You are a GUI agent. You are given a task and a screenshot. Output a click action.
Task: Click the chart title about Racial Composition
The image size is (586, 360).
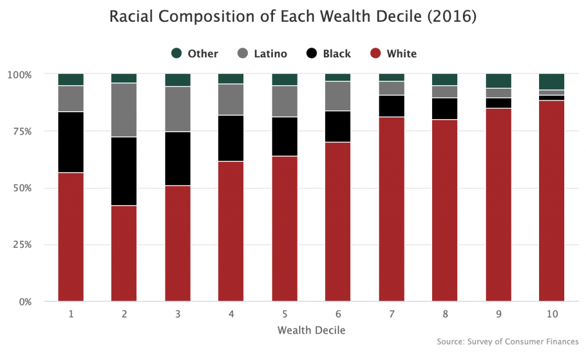[x=293, y=17]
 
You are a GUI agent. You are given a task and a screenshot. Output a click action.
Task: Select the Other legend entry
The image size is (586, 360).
[x=195, y=54]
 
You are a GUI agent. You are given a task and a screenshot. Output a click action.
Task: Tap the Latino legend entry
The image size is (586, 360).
[x=262, y=54]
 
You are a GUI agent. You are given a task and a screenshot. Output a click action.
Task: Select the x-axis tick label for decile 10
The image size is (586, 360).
[x=551, y=314]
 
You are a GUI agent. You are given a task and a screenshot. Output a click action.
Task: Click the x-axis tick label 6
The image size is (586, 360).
[x=338, y=314]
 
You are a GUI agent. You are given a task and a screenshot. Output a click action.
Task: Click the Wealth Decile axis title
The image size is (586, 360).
[x=311, y=330]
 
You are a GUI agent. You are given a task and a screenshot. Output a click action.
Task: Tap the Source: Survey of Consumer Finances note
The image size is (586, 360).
[x=508, y=342]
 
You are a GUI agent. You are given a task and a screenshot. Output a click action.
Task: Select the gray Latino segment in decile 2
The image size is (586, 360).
[x=124, y=110]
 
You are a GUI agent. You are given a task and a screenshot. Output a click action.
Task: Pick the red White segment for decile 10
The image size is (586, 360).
[x=551, y=200]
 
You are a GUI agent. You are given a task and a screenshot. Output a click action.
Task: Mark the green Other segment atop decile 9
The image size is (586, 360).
[x=498, y=81]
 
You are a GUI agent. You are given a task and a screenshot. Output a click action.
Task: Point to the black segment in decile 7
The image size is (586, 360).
[x=391, y=106]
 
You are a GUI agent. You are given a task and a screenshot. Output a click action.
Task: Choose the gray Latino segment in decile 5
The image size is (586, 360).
[x=284, y=101]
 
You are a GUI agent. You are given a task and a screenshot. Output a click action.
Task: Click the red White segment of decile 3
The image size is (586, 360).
[x=178, y=243]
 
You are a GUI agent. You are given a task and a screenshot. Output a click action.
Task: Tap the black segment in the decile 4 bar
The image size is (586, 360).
[x=231, y=138]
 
